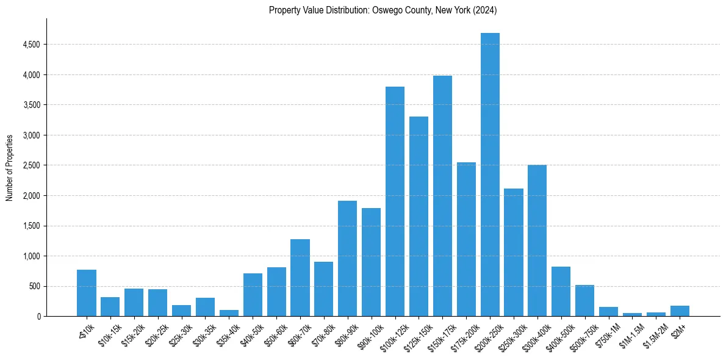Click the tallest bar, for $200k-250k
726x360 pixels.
(x=490, y=175)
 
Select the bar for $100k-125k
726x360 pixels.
(x=395, y=201)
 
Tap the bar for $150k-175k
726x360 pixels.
(x=442, y=196)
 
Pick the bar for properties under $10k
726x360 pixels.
(x=87, y=293)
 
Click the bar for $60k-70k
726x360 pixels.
(x=300, y=278)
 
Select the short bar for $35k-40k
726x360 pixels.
(x=229, y=313)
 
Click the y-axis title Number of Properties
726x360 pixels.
(x=9, y=167)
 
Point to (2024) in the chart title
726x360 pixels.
(x=486, y=10)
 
